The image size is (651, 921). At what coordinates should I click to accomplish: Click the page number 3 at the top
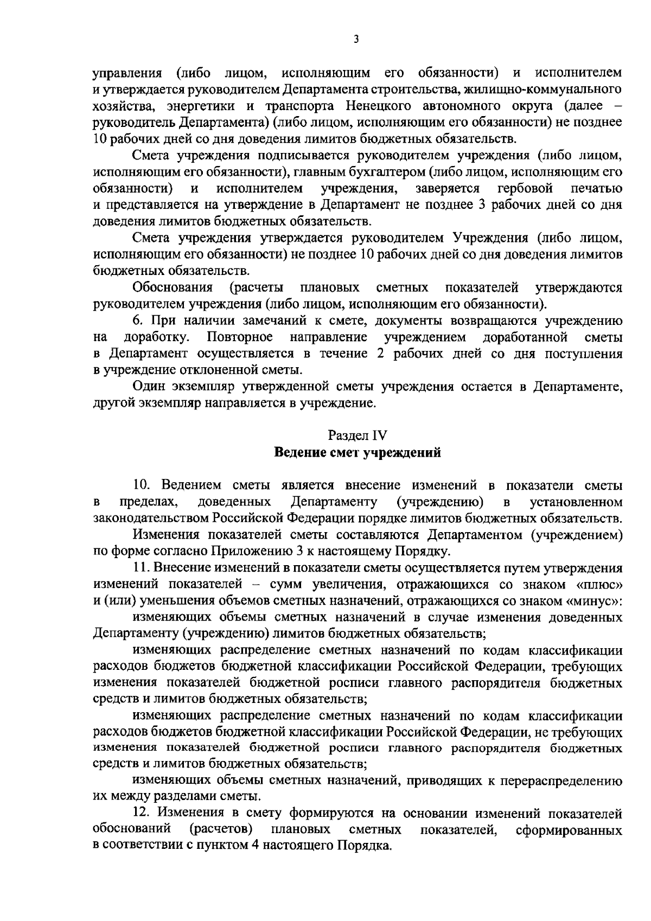(356, 39)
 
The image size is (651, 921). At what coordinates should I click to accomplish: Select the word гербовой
(525, 188)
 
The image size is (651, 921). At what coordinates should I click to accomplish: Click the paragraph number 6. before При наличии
(138, 321)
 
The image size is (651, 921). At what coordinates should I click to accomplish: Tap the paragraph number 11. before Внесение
(143, 568)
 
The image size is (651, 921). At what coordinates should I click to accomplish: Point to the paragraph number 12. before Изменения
(143, 814)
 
